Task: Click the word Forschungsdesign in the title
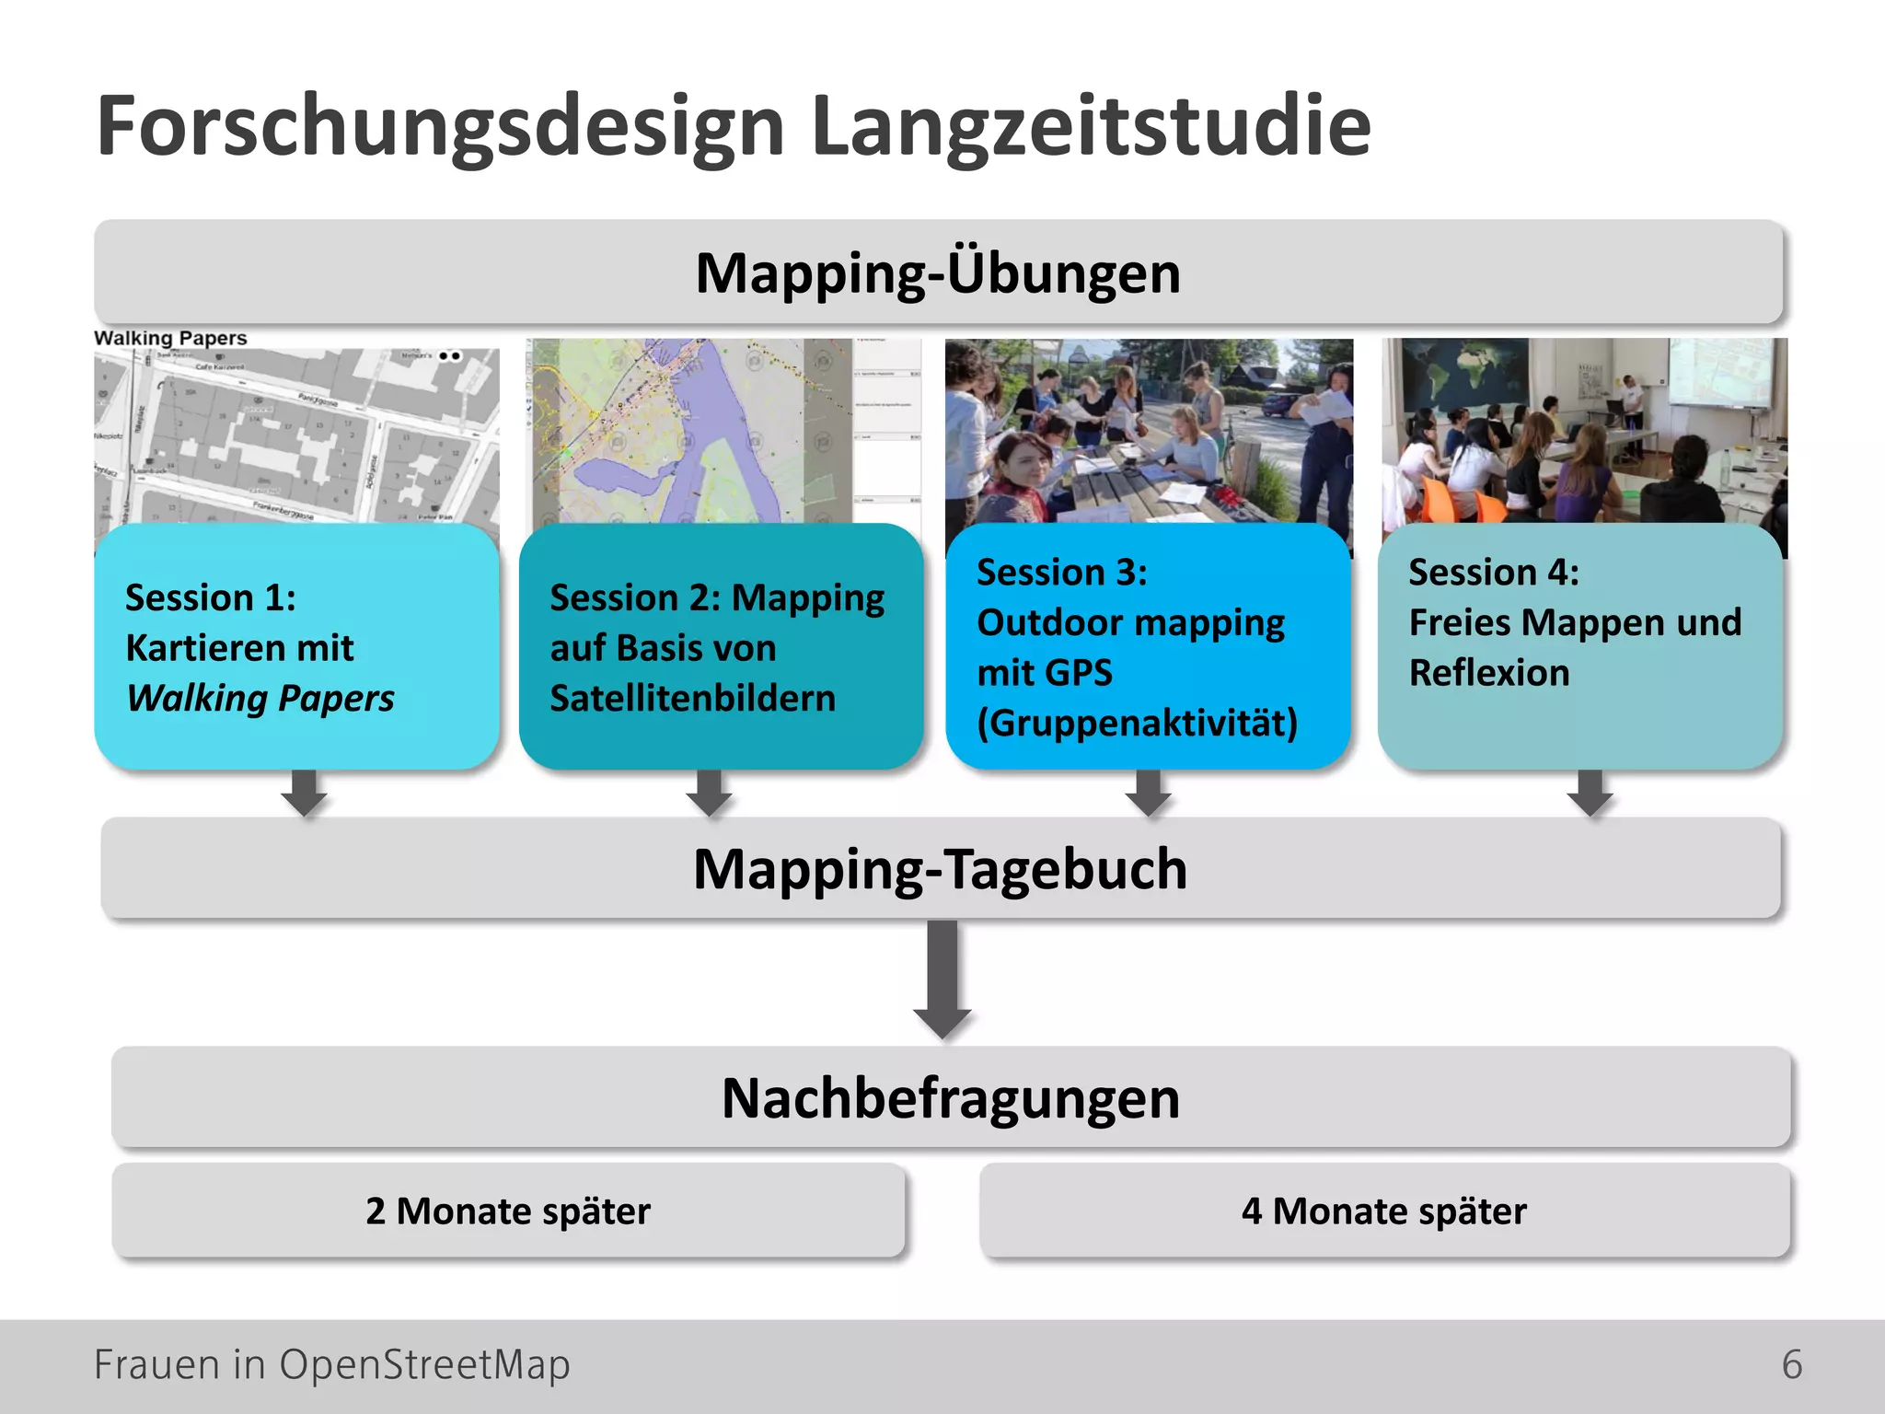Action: (440, 127)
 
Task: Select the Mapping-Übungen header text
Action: (937, 273)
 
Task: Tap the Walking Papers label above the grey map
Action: (170, 338)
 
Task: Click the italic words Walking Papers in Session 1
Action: (260, 699)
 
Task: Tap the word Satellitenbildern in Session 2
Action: (692, 699)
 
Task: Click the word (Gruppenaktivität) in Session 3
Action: (1137, 724)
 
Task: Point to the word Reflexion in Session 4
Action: (1488, 673)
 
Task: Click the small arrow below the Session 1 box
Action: (304, 793)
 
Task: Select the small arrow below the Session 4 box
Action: (1590, 793)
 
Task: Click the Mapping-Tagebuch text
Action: (940, 869)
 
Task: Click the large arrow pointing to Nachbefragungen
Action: (942, 981)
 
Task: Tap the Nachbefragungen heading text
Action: (950, 1098)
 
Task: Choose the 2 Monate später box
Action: (508, 1211)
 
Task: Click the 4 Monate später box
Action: (1383, 1211)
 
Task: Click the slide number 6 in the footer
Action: (1791, 1364)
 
